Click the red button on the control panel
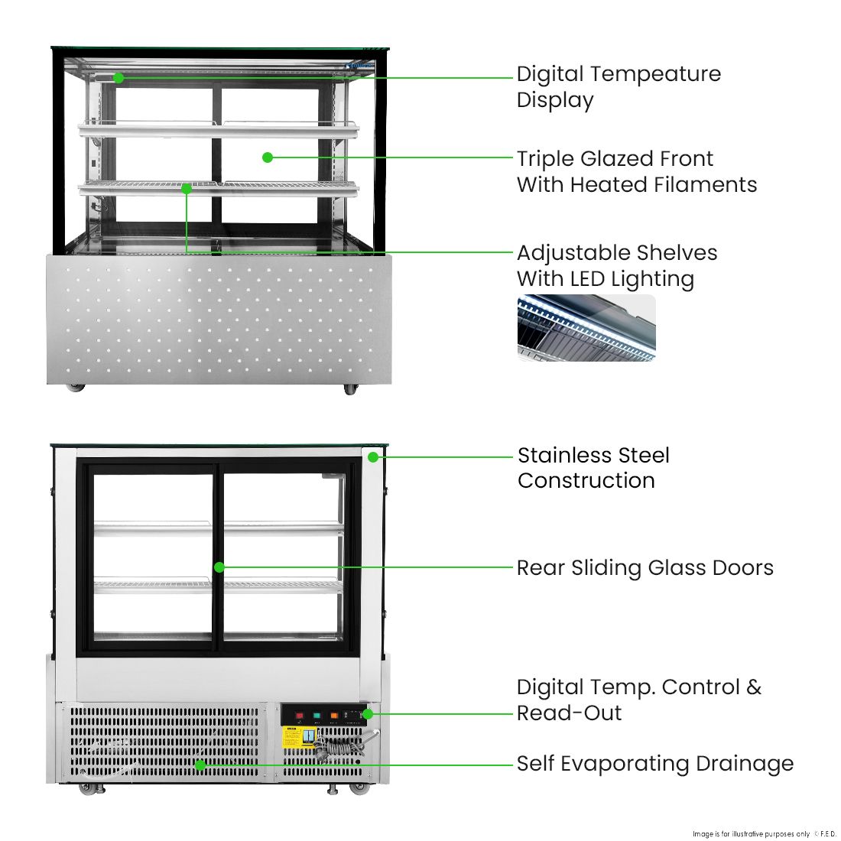pos(299,716)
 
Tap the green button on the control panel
pos(317,716)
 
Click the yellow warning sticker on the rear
pos(291,738)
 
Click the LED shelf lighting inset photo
pos(586,328)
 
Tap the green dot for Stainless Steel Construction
pos(373,457)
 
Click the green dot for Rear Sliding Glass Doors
pos(219,567)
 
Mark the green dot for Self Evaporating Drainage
pos(200,765)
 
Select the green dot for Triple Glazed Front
pos(268,157)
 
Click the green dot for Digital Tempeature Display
pos(119,78)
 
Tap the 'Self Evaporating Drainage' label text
pos(655,764)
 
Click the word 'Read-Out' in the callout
pos(569,713)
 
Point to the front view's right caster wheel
pos(350,389)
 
